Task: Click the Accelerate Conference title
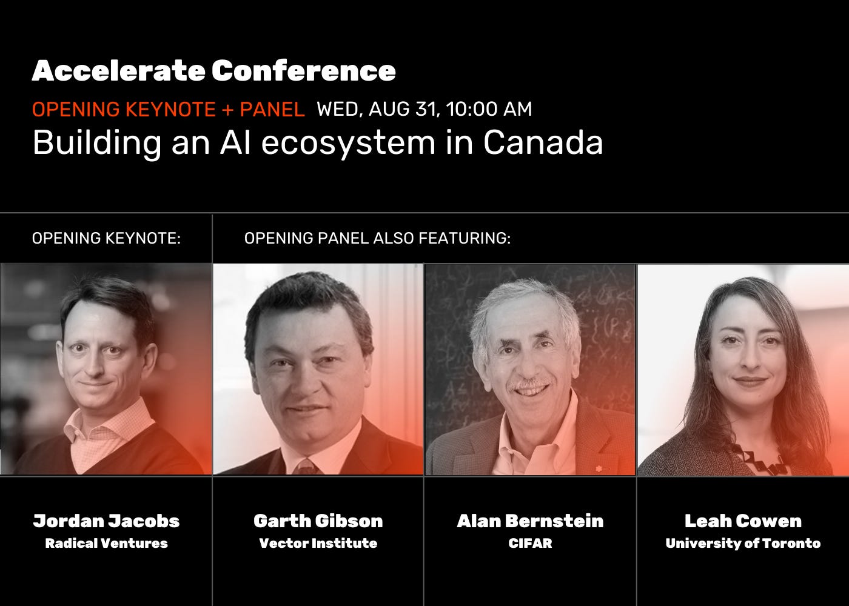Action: pyautogui.click(x=213, y=71)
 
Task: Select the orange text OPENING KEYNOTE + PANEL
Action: pyautogui.click(x=168, y=110)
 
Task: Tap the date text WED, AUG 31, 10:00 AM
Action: pyautogui.click(x=424, y=110)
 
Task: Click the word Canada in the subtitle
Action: pyautogui.click(x=543, y=143)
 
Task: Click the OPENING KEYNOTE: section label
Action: pyautogui.click(x=106, y=238)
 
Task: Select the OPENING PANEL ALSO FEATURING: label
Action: pyautogui.click(x=377, y=238)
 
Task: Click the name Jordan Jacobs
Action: pyautogui.click(x=106, y=521)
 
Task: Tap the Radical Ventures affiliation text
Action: pyautogui.click(x=106, y=543)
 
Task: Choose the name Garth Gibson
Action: pyautogui.click(x=318, y=521)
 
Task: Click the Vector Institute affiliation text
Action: pyautogui.click(x=318, y=543)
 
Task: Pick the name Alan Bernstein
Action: pyautogui.click(x=530, y=521)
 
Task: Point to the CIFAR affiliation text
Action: pyautogui.click(x=530, y=543)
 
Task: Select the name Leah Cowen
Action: pyautogui.click(x=743, y=521)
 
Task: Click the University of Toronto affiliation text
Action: pyautogui.click(x=743, y=543)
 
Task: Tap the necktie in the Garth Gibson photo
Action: pyautogui.click(x=307, y=467)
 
